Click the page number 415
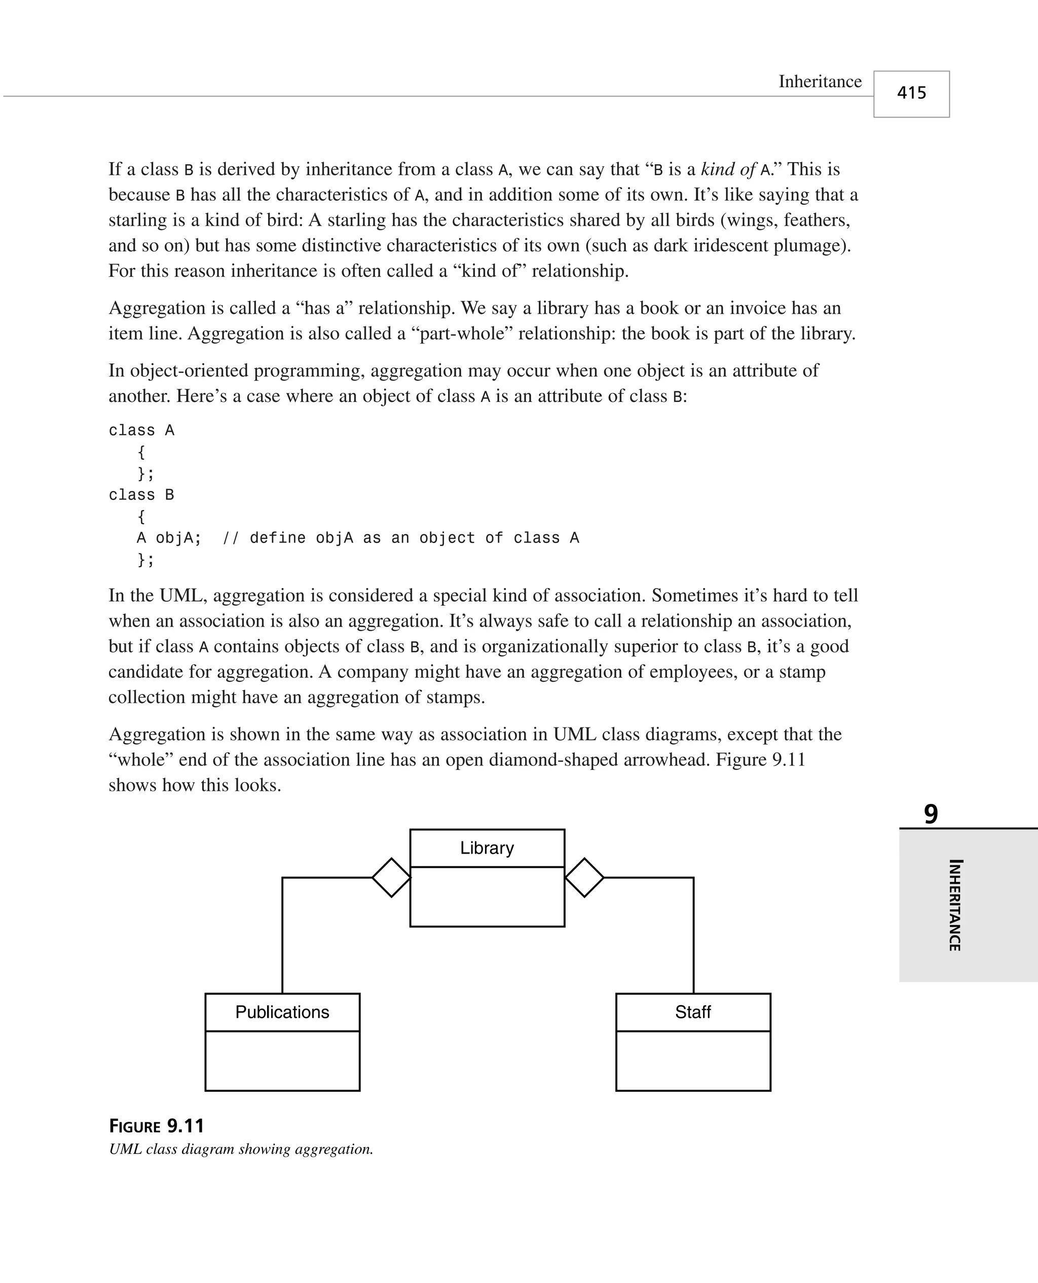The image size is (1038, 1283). [x=911, y=93]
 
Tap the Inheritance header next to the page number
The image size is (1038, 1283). [x=820, y=82]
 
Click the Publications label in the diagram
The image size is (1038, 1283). [x=282, y=1012]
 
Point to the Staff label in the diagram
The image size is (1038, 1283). [x=693, y=1012]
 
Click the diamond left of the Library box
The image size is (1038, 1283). [x=392, y=877]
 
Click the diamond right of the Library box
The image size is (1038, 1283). [x=584, y=877]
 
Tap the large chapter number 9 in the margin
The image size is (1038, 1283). [x=931, y=814]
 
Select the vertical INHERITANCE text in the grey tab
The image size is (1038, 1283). [x=955, y=905]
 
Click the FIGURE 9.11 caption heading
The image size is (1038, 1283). [x=157, y=1126]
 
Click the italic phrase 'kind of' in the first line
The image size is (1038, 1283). [x=728, y=169]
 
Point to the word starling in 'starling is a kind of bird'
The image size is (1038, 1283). [x=138, y=220]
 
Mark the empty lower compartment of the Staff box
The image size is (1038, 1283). [x=693, y=1060]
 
